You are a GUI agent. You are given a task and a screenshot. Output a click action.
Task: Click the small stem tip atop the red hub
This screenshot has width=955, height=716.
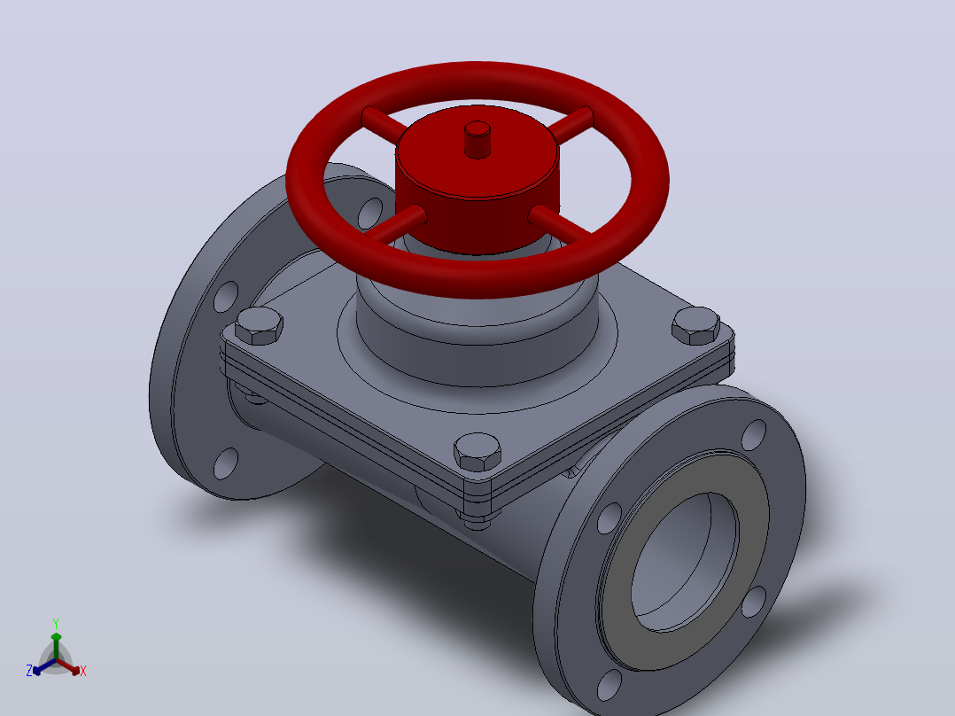click(477, 139)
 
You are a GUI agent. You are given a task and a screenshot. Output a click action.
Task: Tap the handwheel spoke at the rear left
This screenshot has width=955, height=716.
click(384, 124)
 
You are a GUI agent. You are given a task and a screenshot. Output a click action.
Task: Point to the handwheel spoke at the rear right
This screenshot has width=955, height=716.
click(571, 125)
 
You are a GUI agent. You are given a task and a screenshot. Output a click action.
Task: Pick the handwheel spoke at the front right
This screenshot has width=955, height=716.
click(560, 222)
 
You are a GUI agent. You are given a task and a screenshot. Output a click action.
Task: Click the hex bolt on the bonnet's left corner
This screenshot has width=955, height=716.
click(259, 325)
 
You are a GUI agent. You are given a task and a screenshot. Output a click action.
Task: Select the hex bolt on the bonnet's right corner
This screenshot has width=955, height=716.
click(695, 325)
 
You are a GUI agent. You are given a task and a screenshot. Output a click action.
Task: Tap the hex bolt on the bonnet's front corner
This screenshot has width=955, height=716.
click(477, 452)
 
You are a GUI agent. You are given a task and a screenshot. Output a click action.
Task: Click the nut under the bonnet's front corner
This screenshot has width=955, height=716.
click(477, 521)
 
